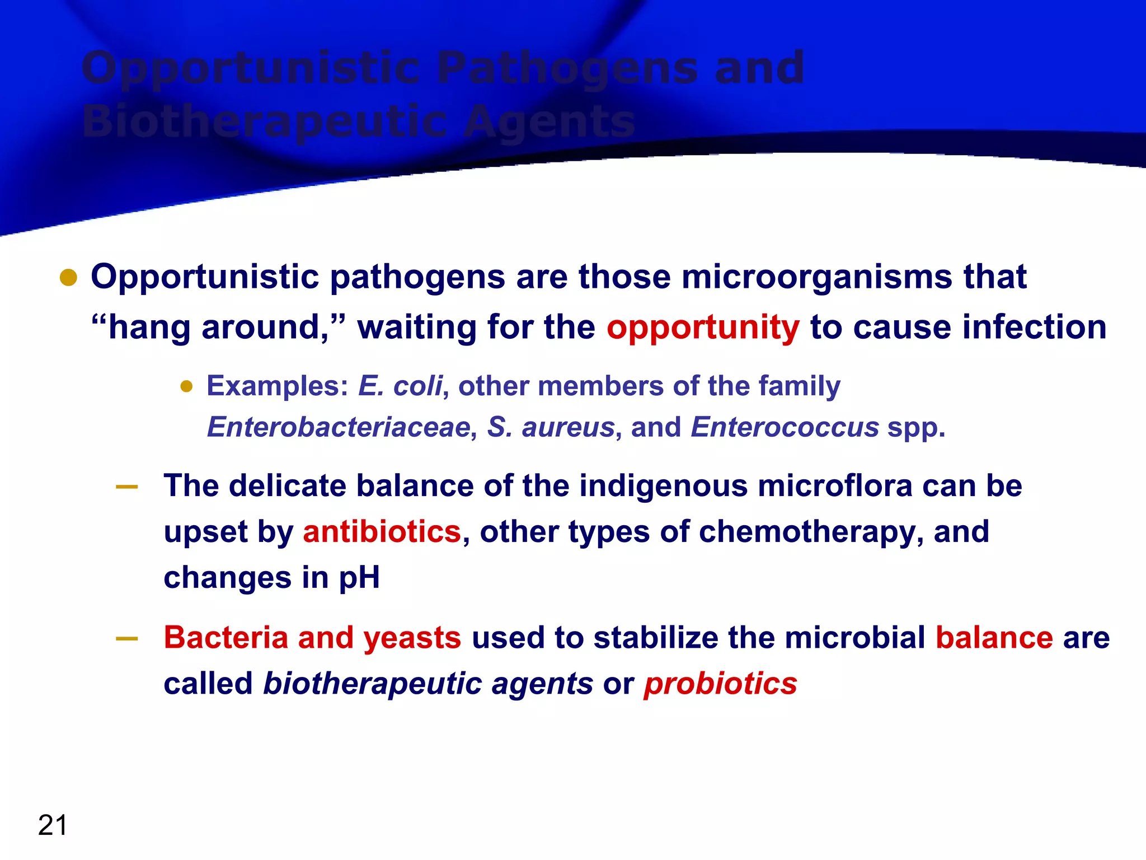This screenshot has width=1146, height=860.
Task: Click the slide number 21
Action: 53,825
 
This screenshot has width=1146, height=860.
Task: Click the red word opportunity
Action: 703,328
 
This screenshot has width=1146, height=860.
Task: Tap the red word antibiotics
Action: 382,531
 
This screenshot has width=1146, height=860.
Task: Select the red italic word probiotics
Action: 720,684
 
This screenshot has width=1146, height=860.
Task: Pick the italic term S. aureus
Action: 551,427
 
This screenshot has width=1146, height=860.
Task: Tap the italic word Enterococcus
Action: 785,427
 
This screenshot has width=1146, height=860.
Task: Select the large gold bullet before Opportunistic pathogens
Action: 68,278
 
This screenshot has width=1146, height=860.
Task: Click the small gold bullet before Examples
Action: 186,386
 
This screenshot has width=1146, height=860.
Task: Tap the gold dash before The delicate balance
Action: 127,487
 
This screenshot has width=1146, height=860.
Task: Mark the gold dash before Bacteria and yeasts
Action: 127,639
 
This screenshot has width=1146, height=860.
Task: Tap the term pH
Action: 359,578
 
